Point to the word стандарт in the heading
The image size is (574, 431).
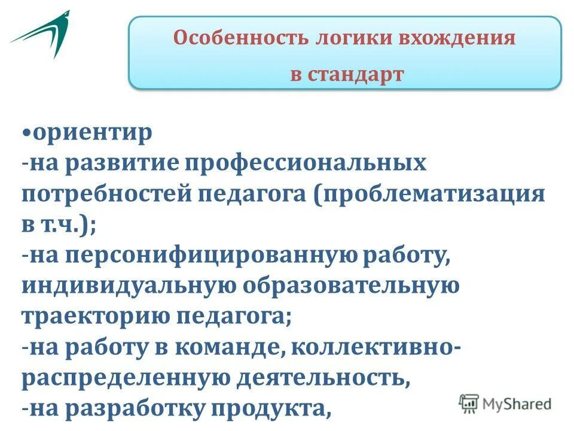click(x=357, y=74)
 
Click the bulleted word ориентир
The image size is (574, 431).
click(x=93, y=132)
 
